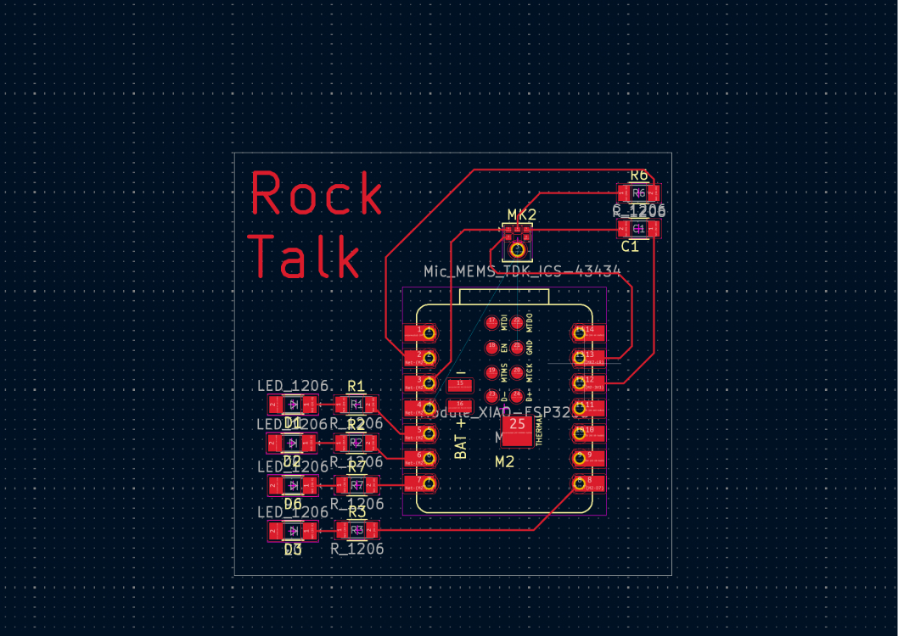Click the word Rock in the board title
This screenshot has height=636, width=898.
coord(316,194)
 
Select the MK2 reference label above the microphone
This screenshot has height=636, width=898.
coord(522,214)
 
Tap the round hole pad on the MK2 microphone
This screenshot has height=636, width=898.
coord(517,248)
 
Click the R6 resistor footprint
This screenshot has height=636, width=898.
coord(638,193)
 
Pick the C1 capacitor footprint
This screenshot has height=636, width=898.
coord(638,229)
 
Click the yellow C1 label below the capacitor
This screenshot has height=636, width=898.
coord(629,247)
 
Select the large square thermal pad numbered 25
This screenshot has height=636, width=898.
coord(517,432)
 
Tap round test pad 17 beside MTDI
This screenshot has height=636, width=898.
coord(491,322)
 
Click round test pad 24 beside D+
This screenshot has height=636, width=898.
coord(517,395)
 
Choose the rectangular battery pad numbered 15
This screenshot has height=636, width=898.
coord(459,386)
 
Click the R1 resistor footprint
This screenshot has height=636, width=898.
coord(356,404)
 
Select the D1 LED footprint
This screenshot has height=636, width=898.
coord(293,404)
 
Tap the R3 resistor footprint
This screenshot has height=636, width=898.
coord(356,531)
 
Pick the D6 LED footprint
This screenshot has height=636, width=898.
coord(293,485)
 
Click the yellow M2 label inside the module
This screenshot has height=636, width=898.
coord(505,461)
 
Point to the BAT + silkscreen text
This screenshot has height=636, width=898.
coord(462,438)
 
